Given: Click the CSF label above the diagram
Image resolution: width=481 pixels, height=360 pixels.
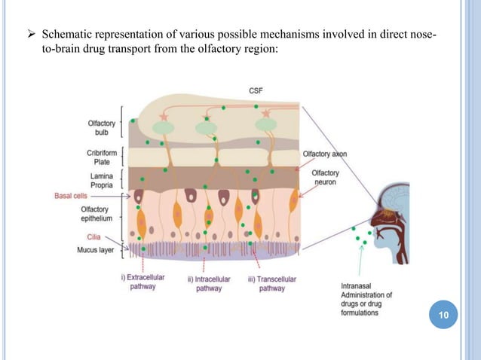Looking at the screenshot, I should point(256,91).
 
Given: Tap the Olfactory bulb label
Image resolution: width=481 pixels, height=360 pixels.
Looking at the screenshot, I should point(101,127).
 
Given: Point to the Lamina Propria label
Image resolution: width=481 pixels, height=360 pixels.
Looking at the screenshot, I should point(102,179).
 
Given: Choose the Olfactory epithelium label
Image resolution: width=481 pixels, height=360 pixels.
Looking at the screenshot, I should point(98,214).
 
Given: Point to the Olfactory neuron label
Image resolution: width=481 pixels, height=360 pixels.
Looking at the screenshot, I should point(329,178).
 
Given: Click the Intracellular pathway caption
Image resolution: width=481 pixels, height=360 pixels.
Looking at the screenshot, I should point(204,284).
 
